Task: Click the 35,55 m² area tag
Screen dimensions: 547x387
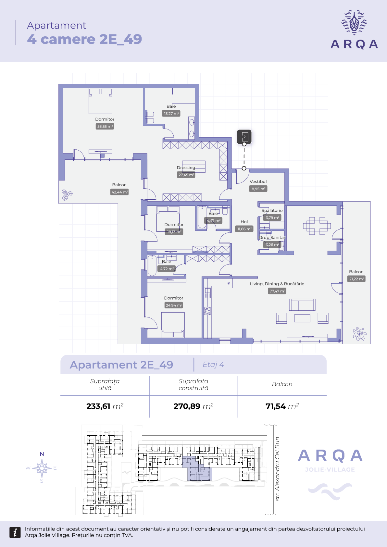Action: pos(105,127)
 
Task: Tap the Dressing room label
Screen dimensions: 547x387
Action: pos(186,168)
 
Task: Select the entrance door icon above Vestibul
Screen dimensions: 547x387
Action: pos(244,137)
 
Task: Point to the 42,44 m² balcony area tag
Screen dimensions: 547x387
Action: pos(120,192)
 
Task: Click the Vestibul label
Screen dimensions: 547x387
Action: pos(258,181)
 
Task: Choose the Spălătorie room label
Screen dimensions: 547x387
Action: pos(272,210)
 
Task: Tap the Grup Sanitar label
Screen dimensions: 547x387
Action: pos(272,237)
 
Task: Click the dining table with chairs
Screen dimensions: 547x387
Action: pos(317,225)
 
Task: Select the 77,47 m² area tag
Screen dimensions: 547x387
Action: pos(277,291)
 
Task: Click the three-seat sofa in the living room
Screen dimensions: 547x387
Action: pos(302,305)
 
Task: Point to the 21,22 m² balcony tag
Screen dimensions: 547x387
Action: pos(356,279)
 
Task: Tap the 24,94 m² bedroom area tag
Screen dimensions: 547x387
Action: pos(174,305)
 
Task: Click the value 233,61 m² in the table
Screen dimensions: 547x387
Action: pos(105,406)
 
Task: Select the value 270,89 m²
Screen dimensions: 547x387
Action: pos(193,406)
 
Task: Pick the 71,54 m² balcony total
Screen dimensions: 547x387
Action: pos(282,406)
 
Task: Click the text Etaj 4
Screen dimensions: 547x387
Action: pos(213,365)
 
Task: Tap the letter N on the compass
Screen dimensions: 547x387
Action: pos(42,454)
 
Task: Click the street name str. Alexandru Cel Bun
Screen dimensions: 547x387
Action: pos(277,469)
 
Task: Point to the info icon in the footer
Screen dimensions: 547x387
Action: pos(15,532)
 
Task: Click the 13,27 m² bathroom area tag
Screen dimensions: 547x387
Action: pos(171,114)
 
